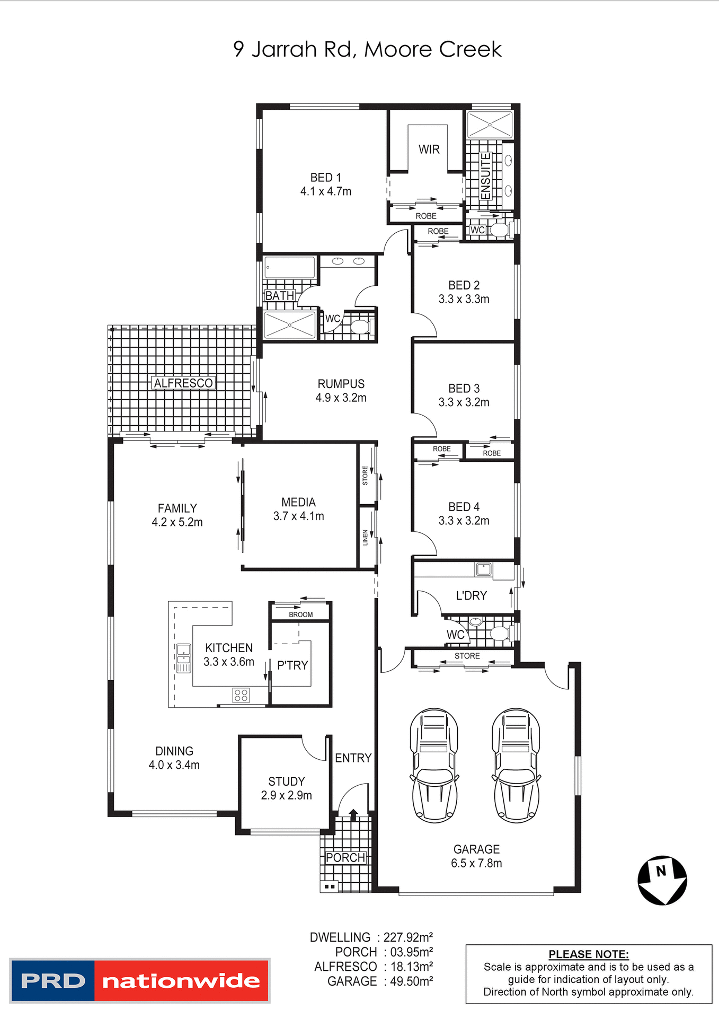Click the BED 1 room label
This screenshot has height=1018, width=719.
(325, 178)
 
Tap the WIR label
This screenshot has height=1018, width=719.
(429, 150)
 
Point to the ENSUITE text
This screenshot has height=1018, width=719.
(485, 176)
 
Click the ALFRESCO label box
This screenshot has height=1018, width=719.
(183, 383)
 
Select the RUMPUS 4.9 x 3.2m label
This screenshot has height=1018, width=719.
(341, 391)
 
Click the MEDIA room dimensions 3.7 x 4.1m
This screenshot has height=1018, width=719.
(298, 516)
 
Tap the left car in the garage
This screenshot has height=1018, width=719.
(434, 765)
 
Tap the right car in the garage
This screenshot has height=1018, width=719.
(516, 765)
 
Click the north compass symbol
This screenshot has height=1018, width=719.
(662, 880)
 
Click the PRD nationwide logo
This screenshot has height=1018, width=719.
(140, 980)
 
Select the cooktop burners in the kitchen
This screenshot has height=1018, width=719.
(241, 695)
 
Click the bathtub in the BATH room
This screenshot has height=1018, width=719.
(290, 267)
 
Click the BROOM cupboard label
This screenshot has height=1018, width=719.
(300, 615)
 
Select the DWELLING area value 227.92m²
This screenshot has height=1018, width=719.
(408, 937)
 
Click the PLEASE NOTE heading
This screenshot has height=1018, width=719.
(588, 954)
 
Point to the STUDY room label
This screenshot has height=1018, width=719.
(286, 782)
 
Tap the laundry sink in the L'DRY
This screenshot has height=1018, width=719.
(483, 570)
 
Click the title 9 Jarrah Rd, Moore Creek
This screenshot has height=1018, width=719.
(367, 49)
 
